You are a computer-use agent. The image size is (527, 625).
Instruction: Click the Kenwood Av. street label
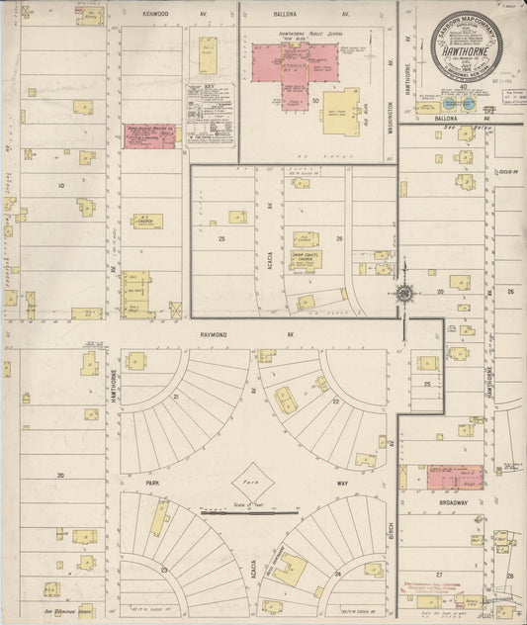point(155,15)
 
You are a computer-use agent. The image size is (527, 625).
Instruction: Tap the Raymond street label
point(214,335)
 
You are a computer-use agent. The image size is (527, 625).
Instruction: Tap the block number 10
point(60,185)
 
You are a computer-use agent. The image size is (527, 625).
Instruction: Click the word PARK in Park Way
point(153,484)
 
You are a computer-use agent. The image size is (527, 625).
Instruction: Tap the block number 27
point(438,573)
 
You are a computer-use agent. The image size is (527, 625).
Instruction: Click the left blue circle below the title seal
point(451,103)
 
